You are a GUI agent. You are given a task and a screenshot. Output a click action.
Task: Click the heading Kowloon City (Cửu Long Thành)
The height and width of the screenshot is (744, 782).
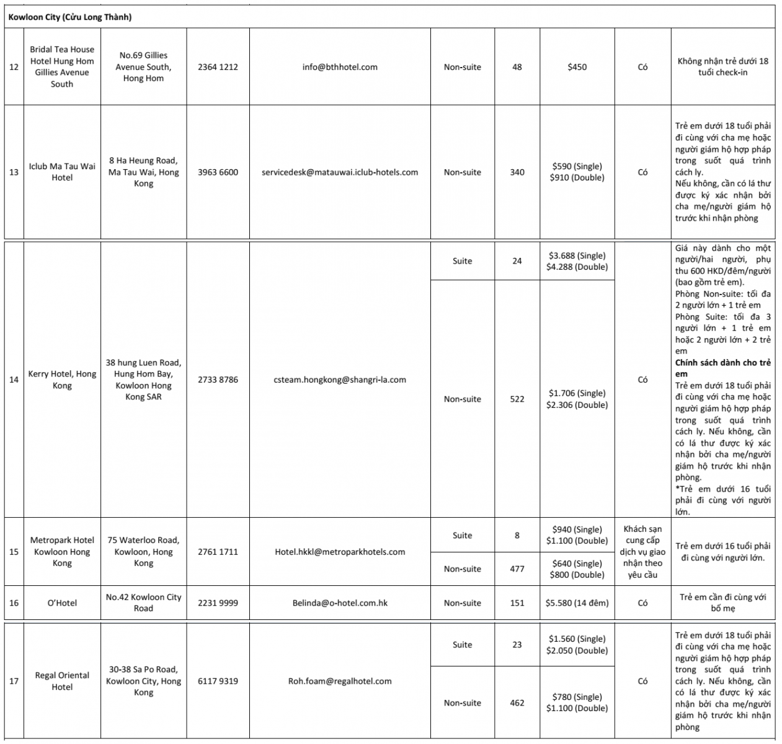click(x=70, y=17)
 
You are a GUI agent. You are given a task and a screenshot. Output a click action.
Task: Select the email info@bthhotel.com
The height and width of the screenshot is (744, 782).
click(x=340, y=67)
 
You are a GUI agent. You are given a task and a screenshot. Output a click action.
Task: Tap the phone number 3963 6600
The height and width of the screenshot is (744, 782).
click(x=218, y=172)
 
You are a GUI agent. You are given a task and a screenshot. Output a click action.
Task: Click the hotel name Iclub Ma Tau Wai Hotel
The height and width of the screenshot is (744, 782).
click(x=62, y=172)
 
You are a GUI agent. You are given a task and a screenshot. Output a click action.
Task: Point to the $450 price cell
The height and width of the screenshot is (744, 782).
click(x=577, y=67)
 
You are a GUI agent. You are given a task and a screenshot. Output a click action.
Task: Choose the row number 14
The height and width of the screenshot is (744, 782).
click(x=14, y=379)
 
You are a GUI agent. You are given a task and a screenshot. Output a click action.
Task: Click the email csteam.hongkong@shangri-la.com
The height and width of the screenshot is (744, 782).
click(x=340, y=379)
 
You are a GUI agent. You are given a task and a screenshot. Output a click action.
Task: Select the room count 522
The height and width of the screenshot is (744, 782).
click(x=517, y=399)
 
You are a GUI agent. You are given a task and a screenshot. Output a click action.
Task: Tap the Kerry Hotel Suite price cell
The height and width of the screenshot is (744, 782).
click(x=577, y=261)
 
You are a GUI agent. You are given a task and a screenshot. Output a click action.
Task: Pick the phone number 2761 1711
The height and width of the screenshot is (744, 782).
click(x=218, y=552)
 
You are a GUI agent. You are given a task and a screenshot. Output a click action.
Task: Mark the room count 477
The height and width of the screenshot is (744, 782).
click(x=517, y=569)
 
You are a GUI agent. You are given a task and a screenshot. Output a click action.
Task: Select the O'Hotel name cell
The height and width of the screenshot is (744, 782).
click(x=62, y=603)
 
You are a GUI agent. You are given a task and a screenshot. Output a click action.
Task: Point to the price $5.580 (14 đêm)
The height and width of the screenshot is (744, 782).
click(x=577, y=603)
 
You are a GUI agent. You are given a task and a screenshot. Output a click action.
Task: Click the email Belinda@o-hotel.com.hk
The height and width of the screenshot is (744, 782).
click(x=340, y=603)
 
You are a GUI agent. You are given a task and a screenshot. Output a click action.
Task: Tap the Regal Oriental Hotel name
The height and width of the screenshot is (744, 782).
click(x=62, y=681)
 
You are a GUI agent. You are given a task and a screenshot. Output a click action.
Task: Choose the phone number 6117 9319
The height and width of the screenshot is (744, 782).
click(x=218, y=681)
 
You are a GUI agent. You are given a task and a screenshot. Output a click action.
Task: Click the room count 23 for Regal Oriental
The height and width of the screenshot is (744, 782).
click(x=517, y=645)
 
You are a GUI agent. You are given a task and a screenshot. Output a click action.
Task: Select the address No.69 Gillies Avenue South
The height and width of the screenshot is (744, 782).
click(x=143, y=67)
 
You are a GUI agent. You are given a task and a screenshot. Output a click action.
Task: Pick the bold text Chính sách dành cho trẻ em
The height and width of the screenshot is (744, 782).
click(x=722, y=368)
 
